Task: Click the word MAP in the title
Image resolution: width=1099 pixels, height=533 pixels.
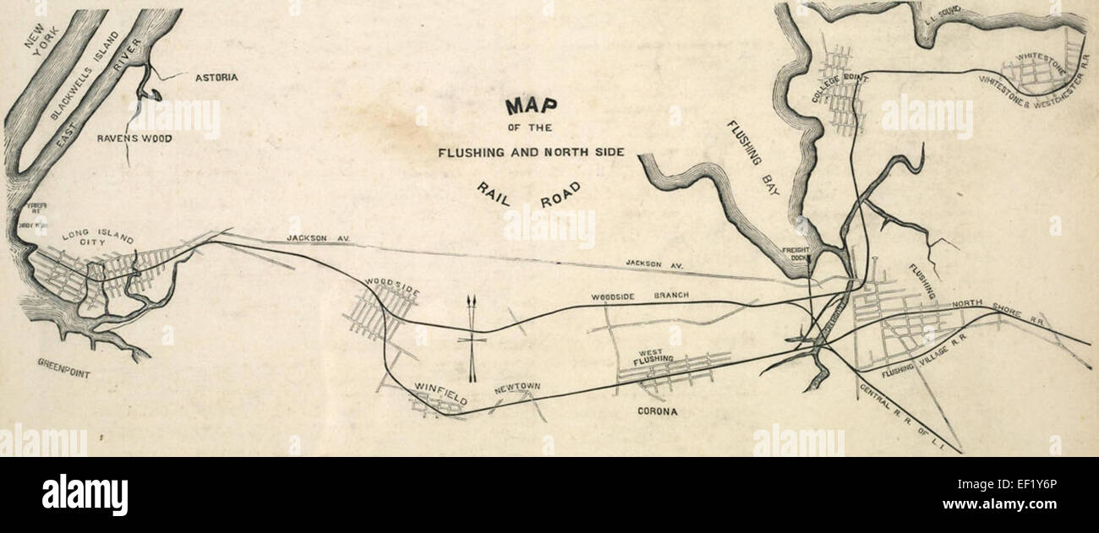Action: coord(531,106)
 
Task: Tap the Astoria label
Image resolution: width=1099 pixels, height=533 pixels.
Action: coord(216,78)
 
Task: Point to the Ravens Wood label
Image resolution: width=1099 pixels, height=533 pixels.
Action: coord(134,138)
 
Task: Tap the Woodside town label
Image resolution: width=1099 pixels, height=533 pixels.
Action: coord(392,286)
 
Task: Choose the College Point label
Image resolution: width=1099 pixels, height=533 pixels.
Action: coord(835,84)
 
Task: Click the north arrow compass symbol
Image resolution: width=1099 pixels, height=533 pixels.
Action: coord(473,338)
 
